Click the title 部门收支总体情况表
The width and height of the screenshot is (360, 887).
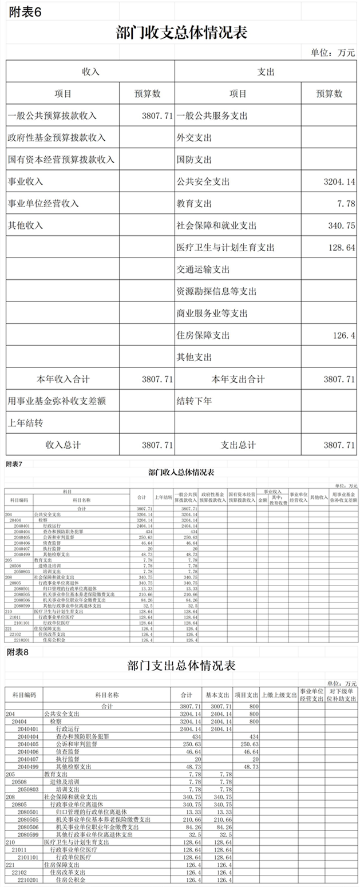(181, 33)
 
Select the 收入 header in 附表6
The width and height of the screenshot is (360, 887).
(90, 72)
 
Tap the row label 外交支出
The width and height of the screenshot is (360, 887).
(195, 138)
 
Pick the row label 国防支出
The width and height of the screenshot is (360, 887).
(195, 160)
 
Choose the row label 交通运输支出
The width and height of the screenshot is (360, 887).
(203, 270)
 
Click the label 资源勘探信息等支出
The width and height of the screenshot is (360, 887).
(216, 291)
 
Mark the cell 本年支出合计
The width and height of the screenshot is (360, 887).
(238, 379)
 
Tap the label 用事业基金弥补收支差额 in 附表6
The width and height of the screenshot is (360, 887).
(57, 401)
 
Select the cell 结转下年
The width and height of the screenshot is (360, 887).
(195, 401)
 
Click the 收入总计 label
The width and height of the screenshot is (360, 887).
(63, 445)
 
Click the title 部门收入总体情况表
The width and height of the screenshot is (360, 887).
(181, 473)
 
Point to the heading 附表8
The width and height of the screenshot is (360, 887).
(17, 652)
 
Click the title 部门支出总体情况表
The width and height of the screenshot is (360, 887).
(181, 666)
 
